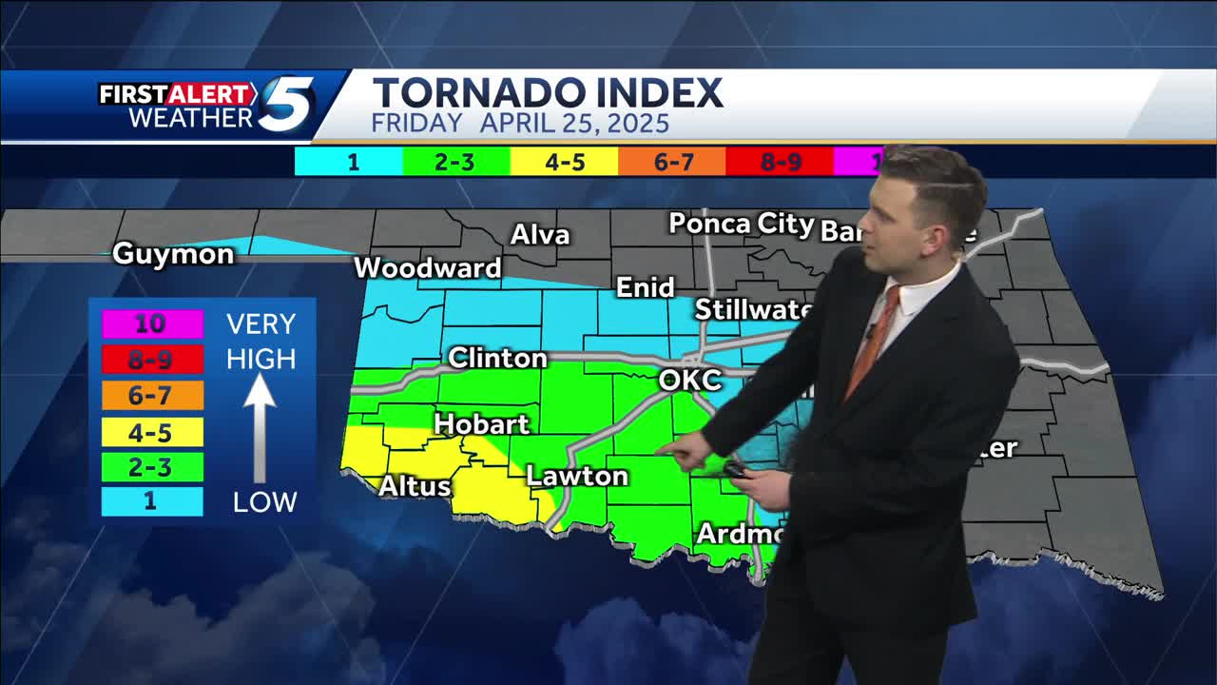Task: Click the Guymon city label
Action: pos(173,254)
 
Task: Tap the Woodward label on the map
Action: pos(427,268)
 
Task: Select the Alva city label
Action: pos(540,235)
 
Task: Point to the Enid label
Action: pos(646,287)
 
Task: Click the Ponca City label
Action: pos(741,225)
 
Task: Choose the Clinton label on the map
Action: pos(497,359)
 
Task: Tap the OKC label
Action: pos(690,382)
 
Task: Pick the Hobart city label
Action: pos(481,424)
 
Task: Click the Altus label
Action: pos(415,486)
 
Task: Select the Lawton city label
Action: pos(577,476)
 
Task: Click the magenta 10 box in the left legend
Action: pos(150,324)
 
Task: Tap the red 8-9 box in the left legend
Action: pos(150,360)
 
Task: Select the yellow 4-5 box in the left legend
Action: pos(150,433)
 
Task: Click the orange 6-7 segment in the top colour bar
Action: pos(673,162)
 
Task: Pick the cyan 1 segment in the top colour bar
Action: pos(351,162)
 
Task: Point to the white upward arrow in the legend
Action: pos(260,428)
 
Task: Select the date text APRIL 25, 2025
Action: pos(574,124)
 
